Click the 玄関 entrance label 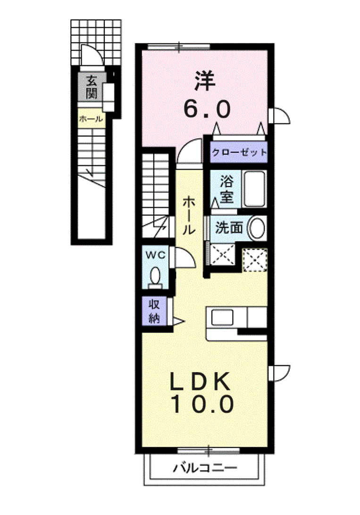coord(92,87)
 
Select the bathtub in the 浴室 coord(255,189)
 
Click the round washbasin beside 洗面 coord(257,228)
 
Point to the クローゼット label coord(239,152)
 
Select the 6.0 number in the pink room coord(207,109)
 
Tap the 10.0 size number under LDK coord(201,404)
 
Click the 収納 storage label coord(154,311)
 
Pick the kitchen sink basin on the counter coord(222,317)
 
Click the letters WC coord(156,255)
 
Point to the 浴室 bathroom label coord(226,189)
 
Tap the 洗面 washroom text coord(229,228)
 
